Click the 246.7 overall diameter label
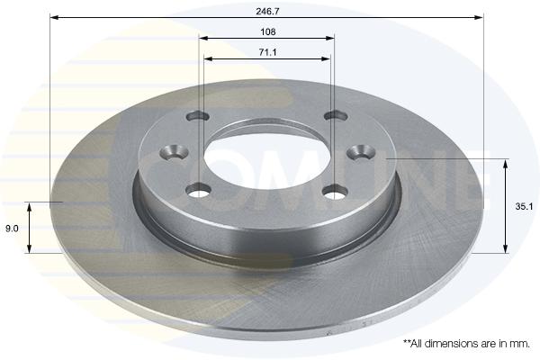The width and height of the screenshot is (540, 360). (267, 11)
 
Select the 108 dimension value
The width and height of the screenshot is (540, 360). (268, 31)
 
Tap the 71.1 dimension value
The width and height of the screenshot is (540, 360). (267, 52)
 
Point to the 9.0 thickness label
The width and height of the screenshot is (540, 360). (12, 228)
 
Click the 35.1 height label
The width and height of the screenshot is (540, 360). (524, 206)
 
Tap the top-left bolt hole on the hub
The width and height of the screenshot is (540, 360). (198, 116)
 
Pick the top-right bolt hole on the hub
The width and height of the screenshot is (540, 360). (337, 115)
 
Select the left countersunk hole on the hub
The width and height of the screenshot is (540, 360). (175, 152)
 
